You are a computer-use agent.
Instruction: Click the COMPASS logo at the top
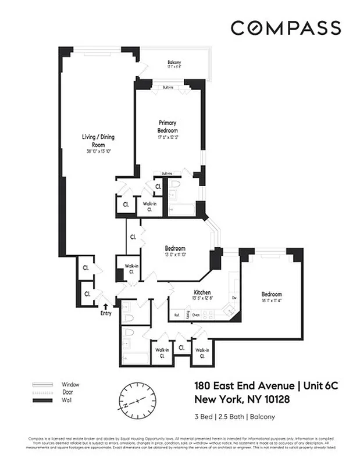(286, 27)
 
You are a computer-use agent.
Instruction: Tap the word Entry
(105, 313)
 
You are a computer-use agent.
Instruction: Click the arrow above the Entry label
(105, 306)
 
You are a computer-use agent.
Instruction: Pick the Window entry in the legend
(69, 385)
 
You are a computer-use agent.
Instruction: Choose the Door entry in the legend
(67, 392)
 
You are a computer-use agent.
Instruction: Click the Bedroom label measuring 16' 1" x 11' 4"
(271, 294)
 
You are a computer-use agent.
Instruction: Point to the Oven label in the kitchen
(196, 314)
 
